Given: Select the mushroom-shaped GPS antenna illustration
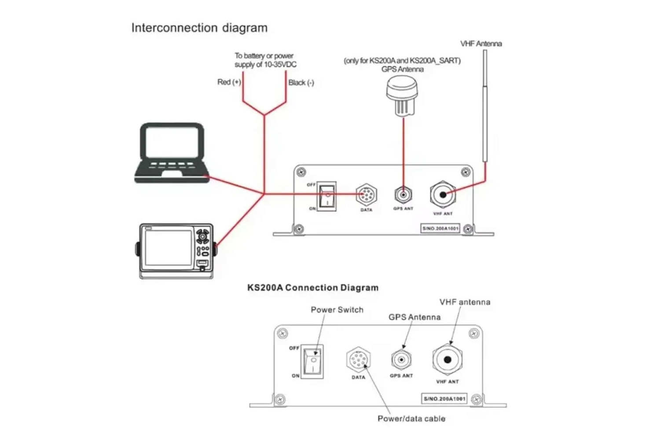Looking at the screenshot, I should click(401, 96).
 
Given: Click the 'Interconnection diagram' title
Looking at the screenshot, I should click(199, 28).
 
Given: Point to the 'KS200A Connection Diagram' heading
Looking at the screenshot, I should click(313, 288).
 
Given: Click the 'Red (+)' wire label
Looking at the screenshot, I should click(229, 82).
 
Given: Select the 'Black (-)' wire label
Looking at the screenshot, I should click(301, 83).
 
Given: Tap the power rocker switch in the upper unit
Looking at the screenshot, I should click(326, 196).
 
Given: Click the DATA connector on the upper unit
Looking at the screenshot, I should click(366, 194).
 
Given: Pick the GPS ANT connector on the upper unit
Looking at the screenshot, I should click(403, 194).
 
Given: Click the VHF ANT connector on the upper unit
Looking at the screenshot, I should click(443, 194).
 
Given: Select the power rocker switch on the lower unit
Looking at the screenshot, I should click(312, 361).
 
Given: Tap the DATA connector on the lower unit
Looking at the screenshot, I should click(358, 360).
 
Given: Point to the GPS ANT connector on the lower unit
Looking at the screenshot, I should click(401, 360).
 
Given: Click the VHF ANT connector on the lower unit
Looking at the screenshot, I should click(447, 360).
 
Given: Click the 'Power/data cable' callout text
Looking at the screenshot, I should click(411, 419).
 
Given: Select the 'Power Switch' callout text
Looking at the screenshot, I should click(337, 310).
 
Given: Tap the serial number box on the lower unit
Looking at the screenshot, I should click(444, 399).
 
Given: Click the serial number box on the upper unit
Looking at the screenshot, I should click(440, 228).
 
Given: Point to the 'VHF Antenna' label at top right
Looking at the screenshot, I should click(481, 44).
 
